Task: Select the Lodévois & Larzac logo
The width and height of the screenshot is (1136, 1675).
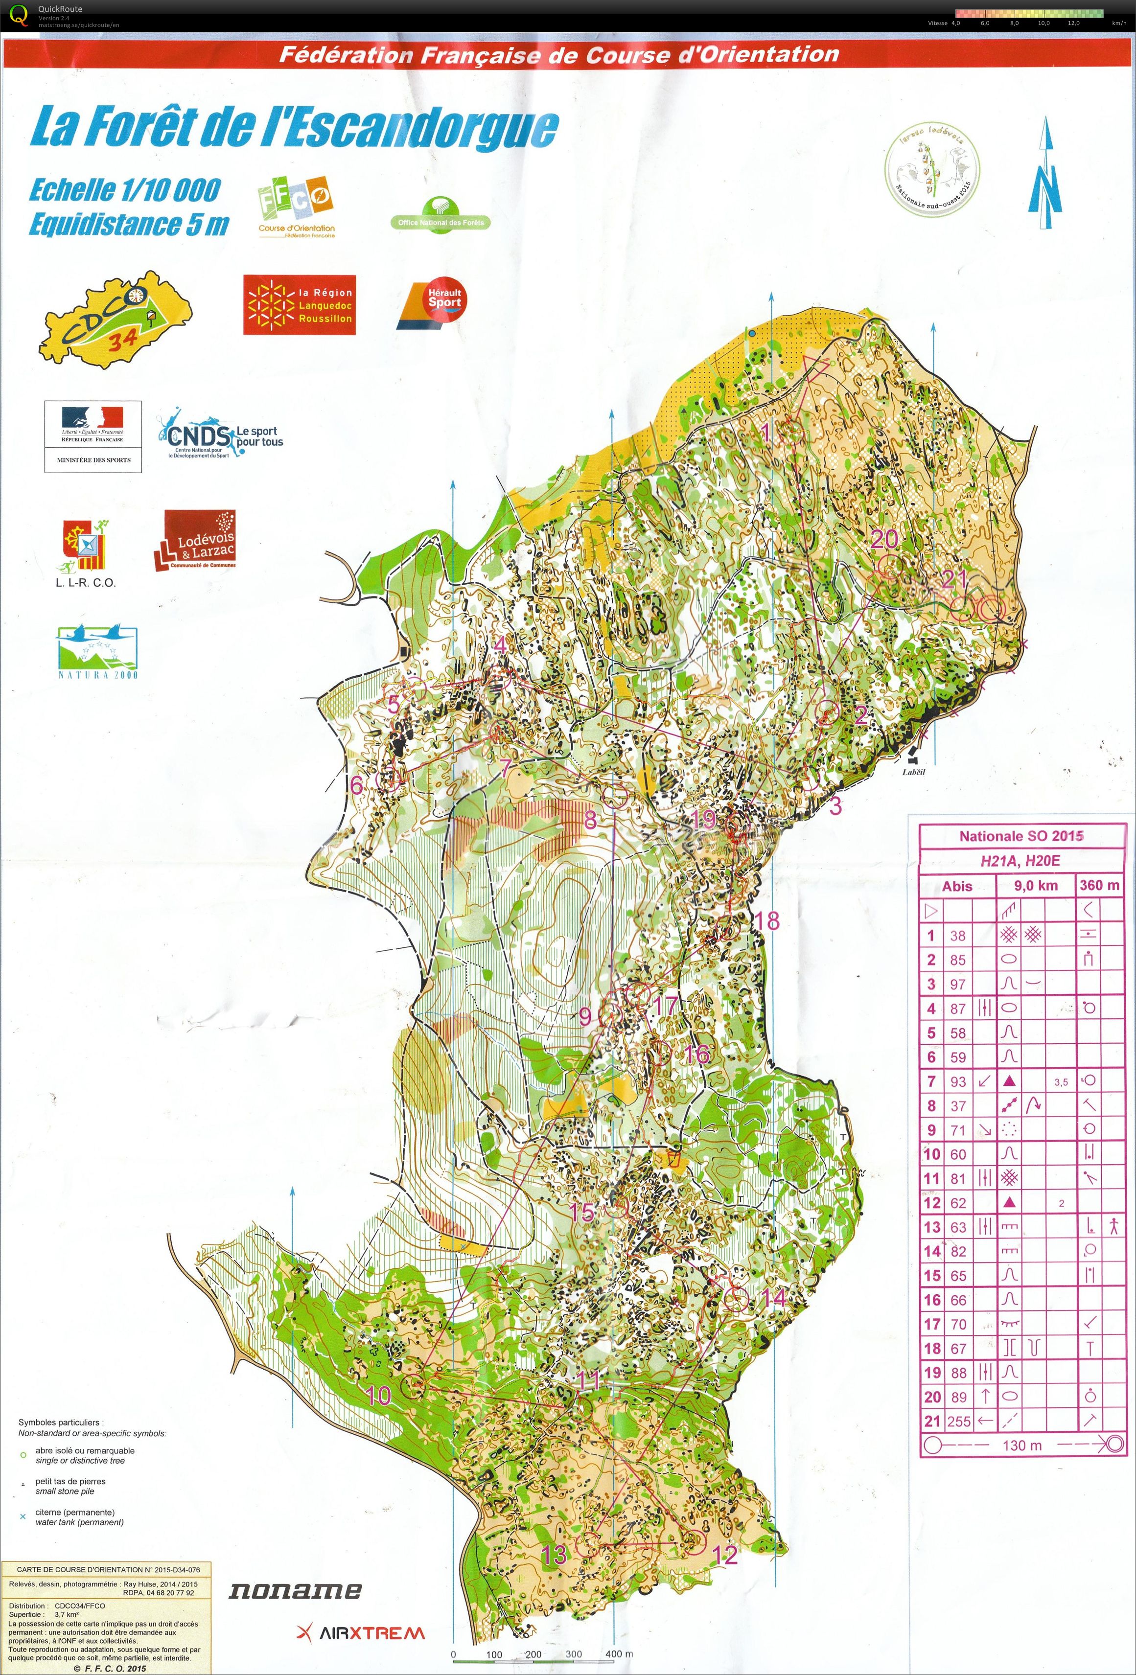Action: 195,541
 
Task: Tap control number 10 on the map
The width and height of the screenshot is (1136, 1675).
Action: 378,1396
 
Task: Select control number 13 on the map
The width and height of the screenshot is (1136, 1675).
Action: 554,1555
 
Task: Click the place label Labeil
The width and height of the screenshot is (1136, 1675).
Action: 912,772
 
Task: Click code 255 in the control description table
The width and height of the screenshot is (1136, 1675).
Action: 959,1422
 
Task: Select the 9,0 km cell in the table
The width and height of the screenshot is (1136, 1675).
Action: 1035,886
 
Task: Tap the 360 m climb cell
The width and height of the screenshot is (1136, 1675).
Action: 1099,885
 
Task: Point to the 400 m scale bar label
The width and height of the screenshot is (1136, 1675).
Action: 619,1654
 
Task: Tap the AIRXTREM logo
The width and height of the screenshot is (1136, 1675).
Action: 360,1633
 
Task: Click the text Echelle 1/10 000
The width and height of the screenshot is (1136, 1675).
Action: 124,190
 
